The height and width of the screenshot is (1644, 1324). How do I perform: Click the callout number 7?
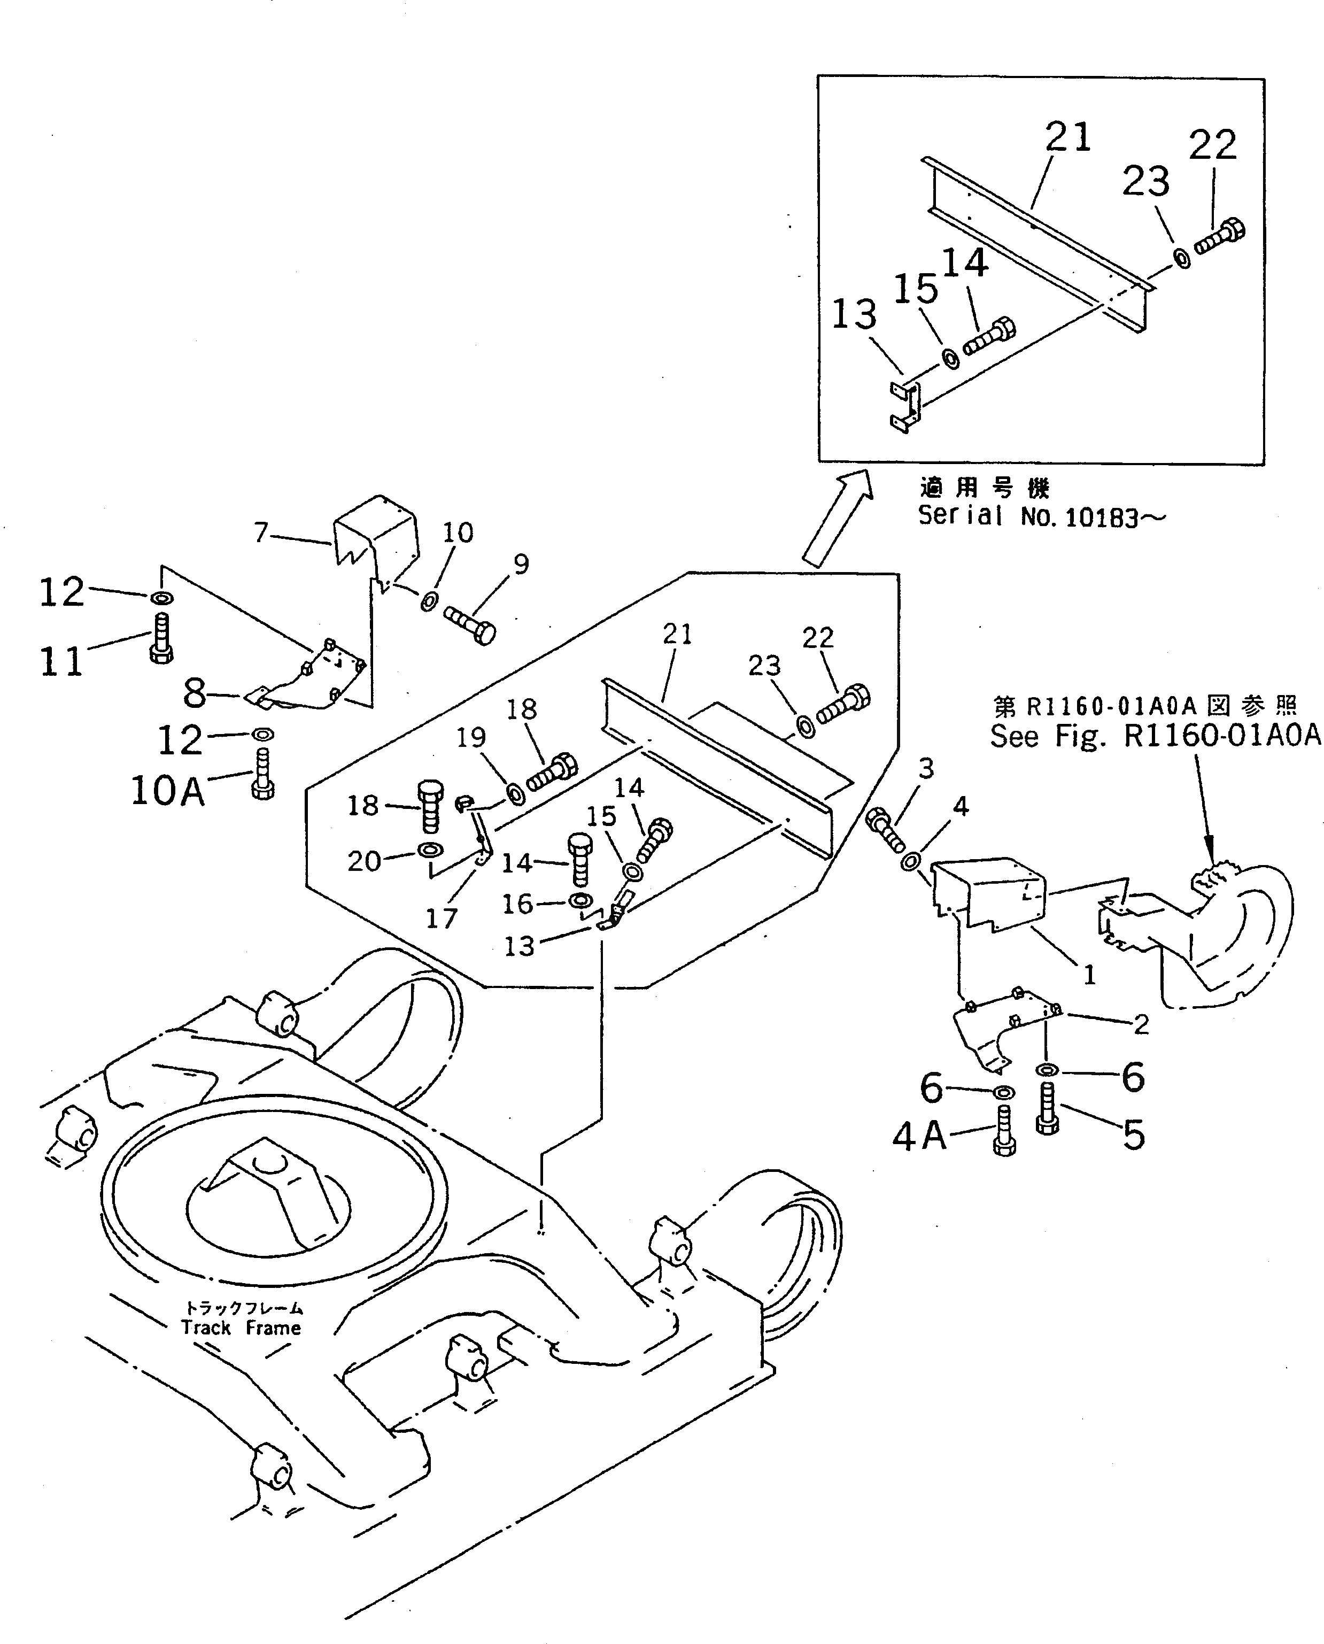point(261,532)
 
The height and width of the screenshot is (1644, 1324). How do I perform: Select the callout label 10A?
point(168,791)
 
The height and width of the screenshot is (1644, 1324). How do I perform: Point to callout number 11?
point(61,661)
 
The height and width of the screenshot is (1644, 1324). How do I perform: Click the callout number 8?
point(195,693)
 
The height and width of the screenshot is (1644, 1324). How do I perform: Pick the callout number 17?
point(441,919)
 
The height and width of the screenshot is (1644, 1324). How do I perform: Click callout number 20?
point(364,861)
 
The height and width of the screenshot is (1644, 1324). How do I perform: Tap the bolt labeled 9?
point(470,623)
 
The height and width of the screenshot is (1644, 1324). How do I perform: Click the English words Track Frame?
point(241,1328)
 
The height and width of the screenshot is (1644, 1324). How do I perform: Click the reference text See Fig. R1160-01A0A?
point(1155,736)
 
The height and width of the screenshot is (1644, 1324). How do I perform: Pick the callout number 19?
point(470,738)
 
